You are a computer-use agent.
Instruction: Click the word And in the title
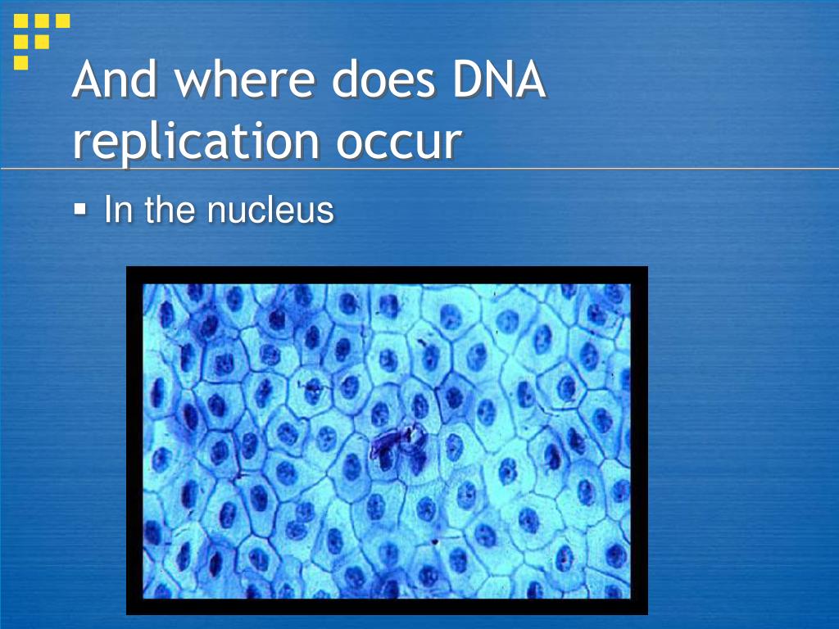pyautogui.click(x=115, y=79)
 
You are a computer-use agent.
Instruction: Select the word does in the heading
pyautogui.click(x=383, y=79)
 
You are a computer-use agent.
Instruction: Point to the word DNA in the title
pyautogui.click(x=499, y=79)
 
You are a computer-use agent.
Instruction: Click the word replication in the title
pyautogui.click(x=196, y=141)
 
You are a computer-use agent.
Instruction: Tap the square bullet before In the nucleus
pyautogui.click(x=79, y=208)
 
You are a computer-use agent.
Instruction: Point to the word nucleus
pyautogui.click(x=270, y=209)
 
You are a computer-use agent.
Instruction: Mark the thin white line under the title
pyautogui.click(x=419, y=169)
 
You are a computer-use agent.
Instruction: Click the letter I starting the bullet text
pyautogui.click(x=108, y=209)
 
